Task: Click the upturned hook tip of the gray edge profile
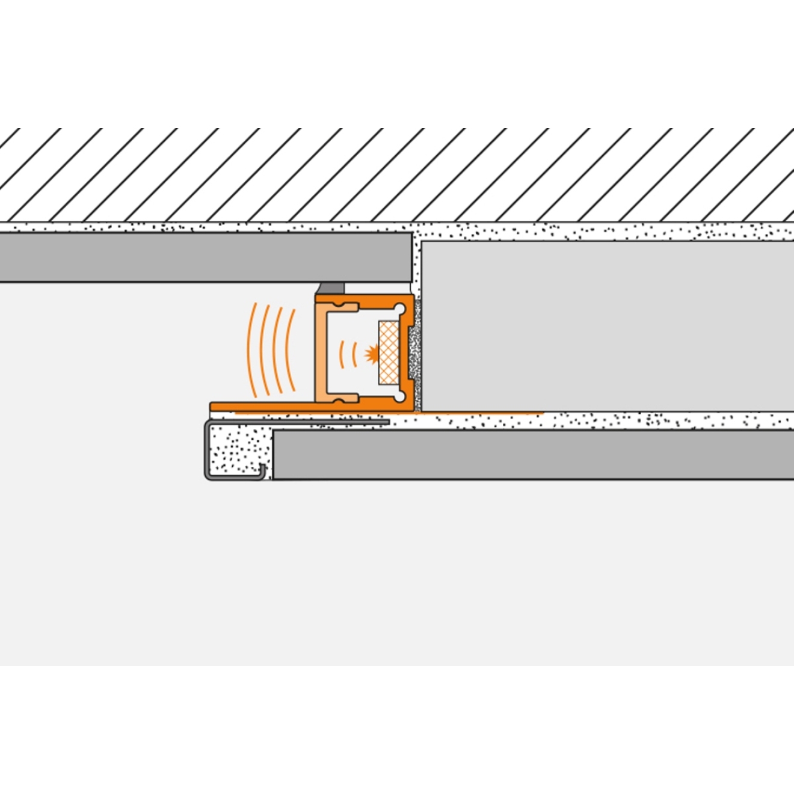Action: click(x=263, y=469)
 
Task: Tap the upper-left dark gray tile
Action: click(x=205, y=257)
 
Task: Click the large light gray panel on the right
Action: click(x=608, y=325)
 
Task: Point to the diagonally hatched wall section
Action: click(x=397, y=174)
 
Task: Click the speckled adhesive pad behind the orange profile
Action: click(x=415, y=355)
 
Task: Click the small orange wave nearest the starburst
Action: click(x=355, y=352)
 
